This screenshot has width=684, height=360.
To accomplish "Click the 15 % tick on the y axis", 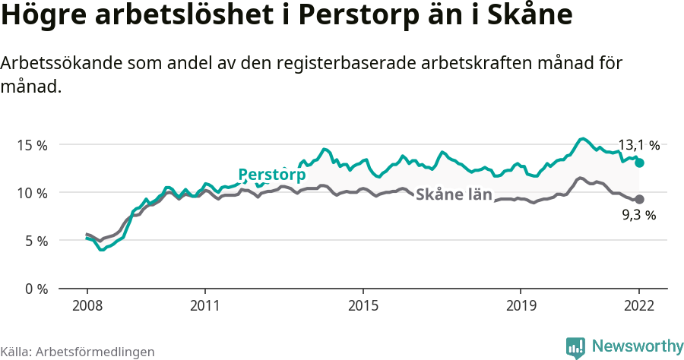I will click(x=31, y=144).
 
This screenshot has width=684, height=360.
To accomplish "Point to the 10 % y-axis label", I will click(x=31, y=193).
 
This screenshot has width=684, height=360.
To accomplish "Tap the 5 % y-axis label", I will click(x=35, y=241).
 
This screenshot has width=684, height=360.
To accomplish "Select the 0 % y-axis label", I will click(x=35, y=289).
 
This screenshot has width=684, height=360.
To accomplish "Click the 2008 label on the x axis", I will click(x=87, y=305).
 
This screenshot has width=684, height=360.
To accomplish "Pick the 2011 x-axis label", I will click(x=204, y=305).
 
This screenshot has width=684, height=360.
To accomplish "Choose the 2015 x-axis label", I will click(x=363, y=305).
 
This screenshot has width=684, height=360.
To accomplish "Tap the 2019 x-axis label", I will click(x=520, y=305).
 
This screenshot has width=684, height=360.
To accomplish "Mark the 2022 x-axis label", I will click(x=639, y=305).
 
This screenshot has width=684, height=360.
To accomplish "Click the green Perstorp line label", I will click(x=271, y=175).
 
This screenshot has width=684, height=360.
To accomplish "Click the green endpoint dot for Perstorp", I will click(x=640, y=163).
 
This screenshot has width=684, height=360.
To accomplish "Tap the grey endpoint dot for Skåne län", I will click(x=640, y=199).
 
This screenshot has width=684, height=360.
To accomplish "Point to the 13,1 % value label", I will click(x=638, y=144).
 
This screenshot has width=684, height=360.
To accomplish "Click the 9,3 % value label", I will click(x=638, y=215).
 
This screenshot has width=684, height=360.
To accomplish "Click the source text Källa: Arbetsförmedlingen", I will click(x=78, y=352).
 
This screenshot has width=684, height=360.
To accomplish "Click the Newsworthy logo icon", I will click(x=575, y=347).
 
